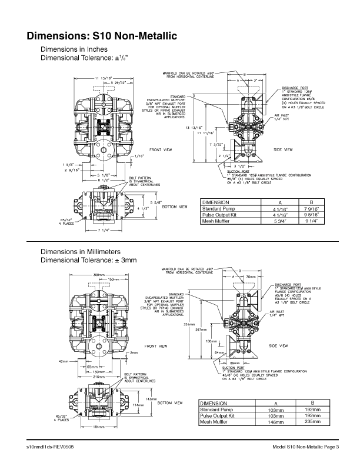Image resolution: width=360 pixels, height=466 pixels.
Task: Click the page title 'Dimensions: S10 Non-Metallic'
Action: [x=101, y=36]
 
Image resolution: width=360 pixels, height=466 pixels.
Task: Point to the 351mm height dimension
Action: [x=189, y=324]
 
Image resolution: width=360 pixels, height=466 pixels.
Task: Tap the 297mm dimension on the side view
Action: [x=200, y=329]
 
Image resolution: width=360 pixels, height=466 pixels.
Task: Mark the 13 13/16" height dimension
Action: [x=194, y=127]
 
